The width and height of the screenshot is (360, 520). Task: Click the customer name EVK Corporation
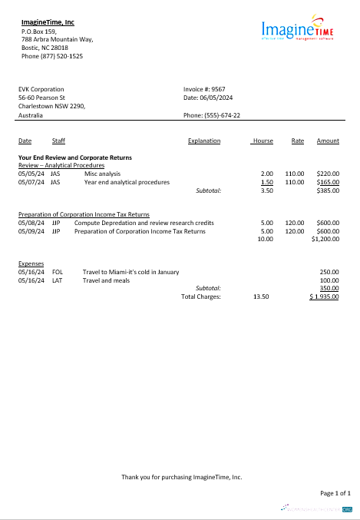point(41,89)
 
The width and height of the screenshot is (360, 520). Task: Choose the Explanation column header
point(203,141)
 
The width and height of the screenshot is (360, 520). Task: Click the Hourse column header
point(263,141)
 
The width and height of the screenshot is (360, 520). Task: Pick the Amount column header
point(328,141)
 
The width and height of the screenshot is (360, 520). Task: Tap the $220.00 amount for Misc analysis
point(328,174)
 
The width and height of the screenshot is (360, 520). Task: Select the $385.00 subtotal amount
point(328,190)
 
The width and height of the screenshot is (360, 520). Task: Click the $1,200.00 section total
point(325,239)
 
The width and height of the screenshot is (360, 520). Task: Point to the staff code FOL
point(57,272)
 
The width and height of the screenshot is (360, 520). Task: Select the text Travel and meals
point(107,280)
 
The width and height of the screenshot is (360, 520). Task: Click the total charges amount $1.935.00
point(325,296)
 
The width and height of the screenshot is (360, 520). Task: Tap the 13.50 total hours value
point(261,296)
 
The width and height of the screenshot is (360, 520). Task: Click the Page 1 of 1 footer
point(335,492)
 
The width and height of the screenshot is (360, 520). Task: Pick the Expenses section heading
point(31,263)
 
